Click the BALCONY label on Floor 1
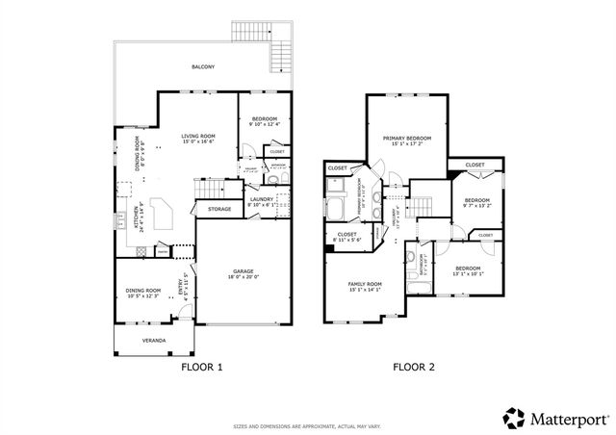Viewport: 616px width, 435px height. (x=202, y=66)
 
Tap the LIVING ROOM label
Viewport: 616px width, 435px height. (x=197, y=136)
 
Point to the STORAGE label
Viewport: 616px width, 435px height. (x=219, y=208)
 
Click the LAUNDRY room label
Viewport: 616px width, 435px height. (x=262, y=199)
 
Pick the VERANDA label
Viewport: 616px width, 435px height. (x=154, y=341)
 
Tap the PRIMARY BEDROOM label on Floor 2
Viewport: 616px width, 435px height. (x=407, y=139)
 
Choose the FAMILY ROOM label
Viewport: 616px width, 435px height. (x=365, y=284)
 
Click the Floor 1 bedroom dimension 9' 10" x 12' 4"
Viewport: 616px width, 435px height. (x=263, y=124)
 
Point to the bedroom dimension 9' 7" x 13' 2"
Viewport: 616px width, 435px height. (x=476, y=205)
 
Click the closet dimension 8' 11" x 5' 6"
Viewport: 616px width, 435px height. (x=347, y=240)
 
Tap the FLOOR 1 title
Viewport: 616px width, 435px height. (x=202, y=367)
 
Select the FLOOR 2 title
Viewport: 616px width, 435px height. (x=414, y=367)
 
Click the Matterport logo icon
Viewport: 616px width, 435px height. (x=514, y=417)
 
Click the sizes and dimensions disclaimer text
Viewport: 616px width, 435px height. (x=308, y=425)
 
